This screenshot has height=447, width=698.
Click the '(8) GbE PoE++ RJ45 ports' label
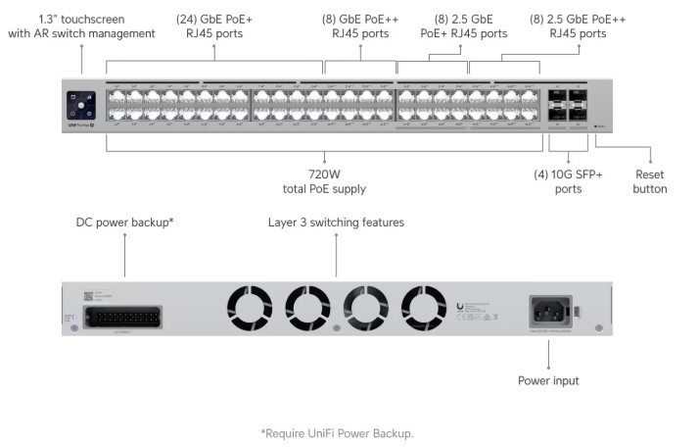(x=360, y=25)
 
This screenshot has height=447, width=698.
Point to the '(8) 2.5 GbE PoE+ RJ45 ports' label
(x=463, y=25)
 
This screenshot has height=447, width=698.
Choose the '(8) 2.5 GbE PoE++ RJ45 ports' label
(x=577, y=25)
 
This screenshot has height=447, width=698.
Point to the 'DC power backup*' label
(x=125, y=223)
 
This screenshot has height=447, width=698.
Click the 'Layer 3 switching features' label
(x=336, y=223)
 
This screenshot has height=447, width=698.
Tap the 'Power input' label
(x=549, y=380)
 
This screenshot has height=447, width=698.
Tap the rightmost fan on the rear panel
(x=424, y=309)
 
